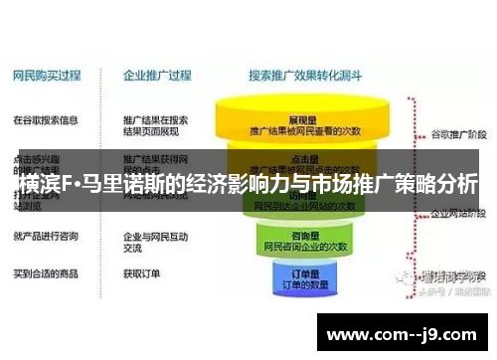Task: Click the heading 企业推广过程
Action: coord(156,75)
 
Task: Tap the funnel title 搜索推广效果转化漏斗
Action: coord(304,75)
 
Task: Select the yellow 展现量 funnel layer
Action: coord(304,122)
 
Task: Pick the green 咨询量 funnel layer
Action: coord(304,238)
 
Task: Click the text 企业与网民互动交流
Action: coord(153,243)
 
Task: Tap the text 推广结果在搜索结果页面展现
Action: coord(155,125)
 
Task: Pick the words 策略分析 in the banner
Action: coord(440,184)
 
